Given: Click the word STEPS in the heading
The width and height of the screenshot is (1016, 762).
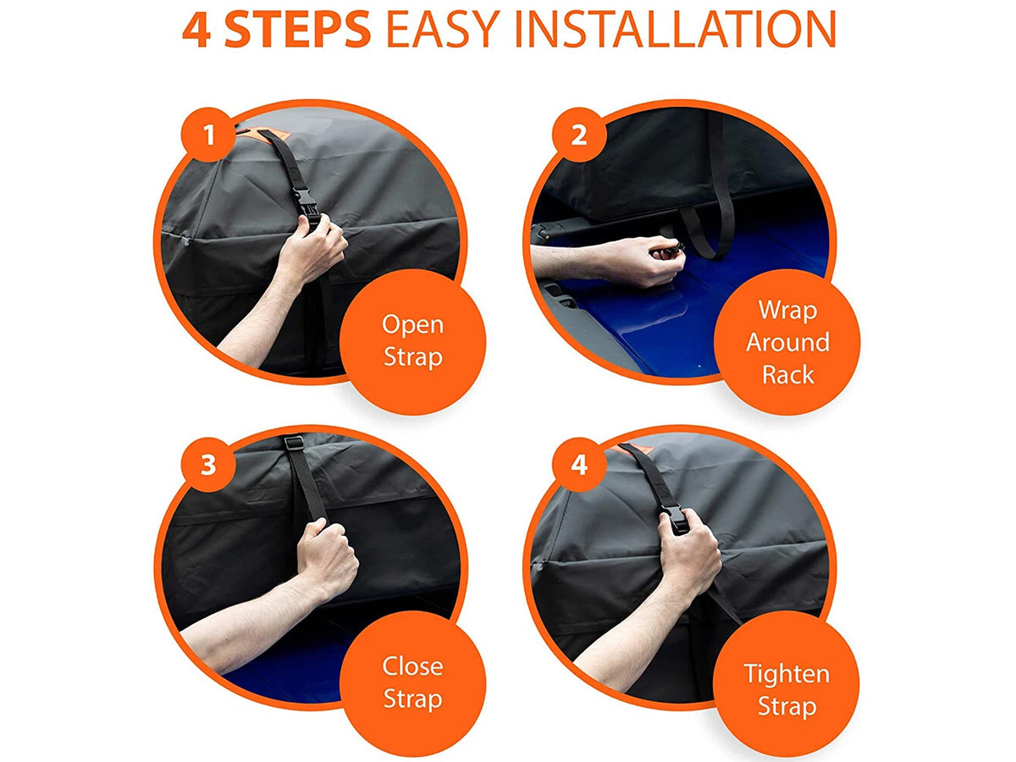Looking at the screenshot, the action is pos(297,29).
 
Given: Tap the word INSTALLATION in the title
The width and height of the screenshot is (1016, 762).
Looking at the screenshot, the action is pos(675,29).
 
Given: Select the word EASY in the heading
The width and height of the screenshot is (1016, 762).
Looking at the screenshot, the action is pos(443,29).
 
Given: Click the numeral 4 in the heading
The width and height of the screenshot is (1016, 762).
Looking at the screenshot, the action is pos(196,30).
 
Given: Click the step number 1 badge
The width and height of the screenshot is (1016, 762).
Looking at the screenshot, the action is pos(209,135).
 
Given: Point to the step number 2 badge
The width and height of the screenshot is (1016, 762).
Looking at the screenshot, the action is pos(578,135).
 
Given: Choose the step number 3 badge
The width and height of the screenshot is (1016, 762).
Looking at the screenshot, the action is pos(209,464).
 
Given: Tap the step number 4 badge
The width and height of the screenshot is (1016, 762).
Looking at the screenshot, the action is pos(578,464).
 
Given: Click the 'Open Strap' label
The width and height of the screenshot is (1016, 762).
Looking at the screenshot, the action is pos(413,341).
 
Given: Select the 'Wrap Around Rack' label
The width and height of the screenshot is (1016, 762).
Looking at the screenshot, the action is pos(787,342).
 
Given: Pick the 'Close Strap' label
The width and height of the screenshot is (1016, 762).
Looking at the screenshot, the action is pos(413,683).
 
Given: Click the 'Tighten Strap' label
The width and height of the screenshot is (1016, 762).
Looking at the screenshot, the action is pos(787,690).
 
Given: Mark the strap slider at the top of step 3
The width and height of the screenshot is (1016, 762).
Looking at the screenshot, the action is pos(294,443).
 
